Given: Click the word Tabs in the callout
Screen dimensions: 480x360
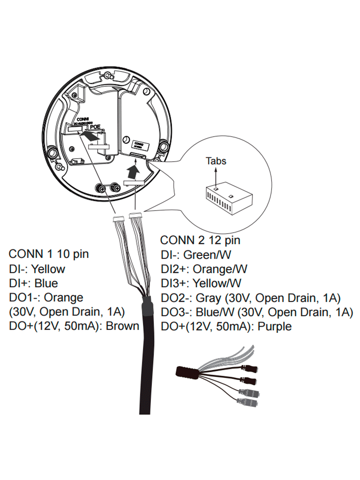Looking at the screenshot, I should pyautogui.click(x=216, y=161).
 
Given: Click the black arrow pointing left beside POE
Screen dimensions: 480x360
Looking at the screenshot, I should pyautogui.click(x=89, y=136).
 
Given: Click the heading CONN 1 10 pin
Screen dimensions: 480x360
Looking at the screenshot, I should pyautogui.click(x=48, y=254).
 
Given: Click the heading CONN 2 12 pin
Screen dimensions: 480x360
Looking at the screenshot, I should pyautogui.click(x=200, y=240).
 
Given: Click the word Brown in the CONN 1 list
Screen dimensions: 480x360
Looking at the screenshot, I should pyautogui.click(x=122, y=326).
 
